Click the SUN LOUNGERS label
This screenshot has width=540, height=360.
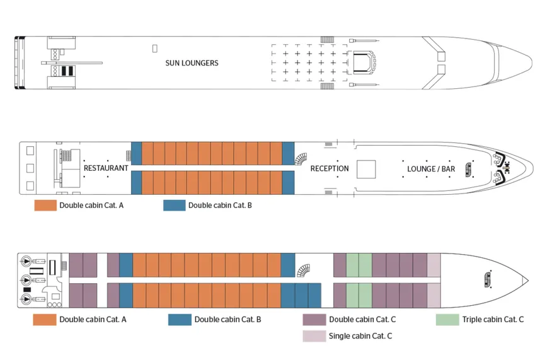point(192,63)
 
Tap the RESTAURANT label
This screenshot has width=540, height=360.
point(106,168)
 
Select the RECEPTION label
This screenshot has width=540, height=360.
point(329,168)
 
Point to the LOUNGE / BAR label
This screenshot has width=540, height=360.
point(431,169)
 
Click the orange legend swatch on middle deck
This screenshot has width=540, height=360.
point(45,205)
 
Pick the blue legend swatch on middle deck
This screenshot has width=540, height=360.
point(174,205)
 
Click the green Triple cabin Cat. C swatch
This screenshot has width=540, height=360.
point(447,319)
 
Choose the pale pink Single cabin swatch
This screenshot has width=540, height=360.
point(314,336)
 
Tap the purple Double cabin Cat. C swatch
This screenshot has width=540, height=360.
point(314,319)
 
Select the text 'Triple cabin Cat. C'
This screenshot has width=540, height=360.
point(493,320)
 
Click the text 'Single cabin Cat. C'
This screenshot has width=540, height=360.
point(360,336)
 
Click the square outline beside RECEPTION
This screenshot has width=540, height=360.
point(366,169)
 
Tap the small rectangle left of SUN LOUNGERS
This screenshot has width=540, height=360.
point(154,48)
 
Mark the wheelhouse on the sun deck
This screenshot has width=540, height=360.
point(362,62)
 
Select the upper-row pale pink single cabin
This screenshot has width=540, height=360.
point(434,265)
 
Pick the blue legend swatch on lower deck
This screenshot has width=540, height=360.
point(180,319)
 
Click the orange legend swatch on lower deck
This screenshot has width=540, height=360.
point(45,319)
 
